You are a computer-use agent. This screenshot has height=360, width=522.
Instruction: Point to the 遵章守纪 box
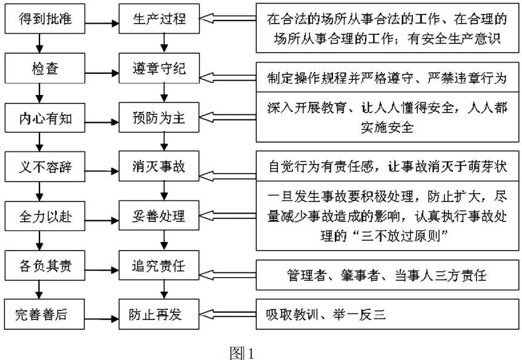[x=160, y=68]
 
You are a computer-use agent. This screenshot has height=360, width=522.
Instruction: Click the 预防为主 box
[x=160, y=117]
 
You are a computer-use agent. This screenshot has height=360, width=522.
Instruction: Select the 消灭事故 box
[x=160, y=166]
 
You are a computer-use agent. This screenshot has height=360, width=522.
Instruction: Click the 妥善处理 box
[x=160, y=215]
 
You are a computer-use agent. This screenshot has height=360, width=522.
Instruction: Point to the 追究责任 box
[x=160, y=264]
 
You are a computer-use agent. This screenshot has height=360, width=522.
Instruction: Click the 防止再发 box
[x=160, y=314]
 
